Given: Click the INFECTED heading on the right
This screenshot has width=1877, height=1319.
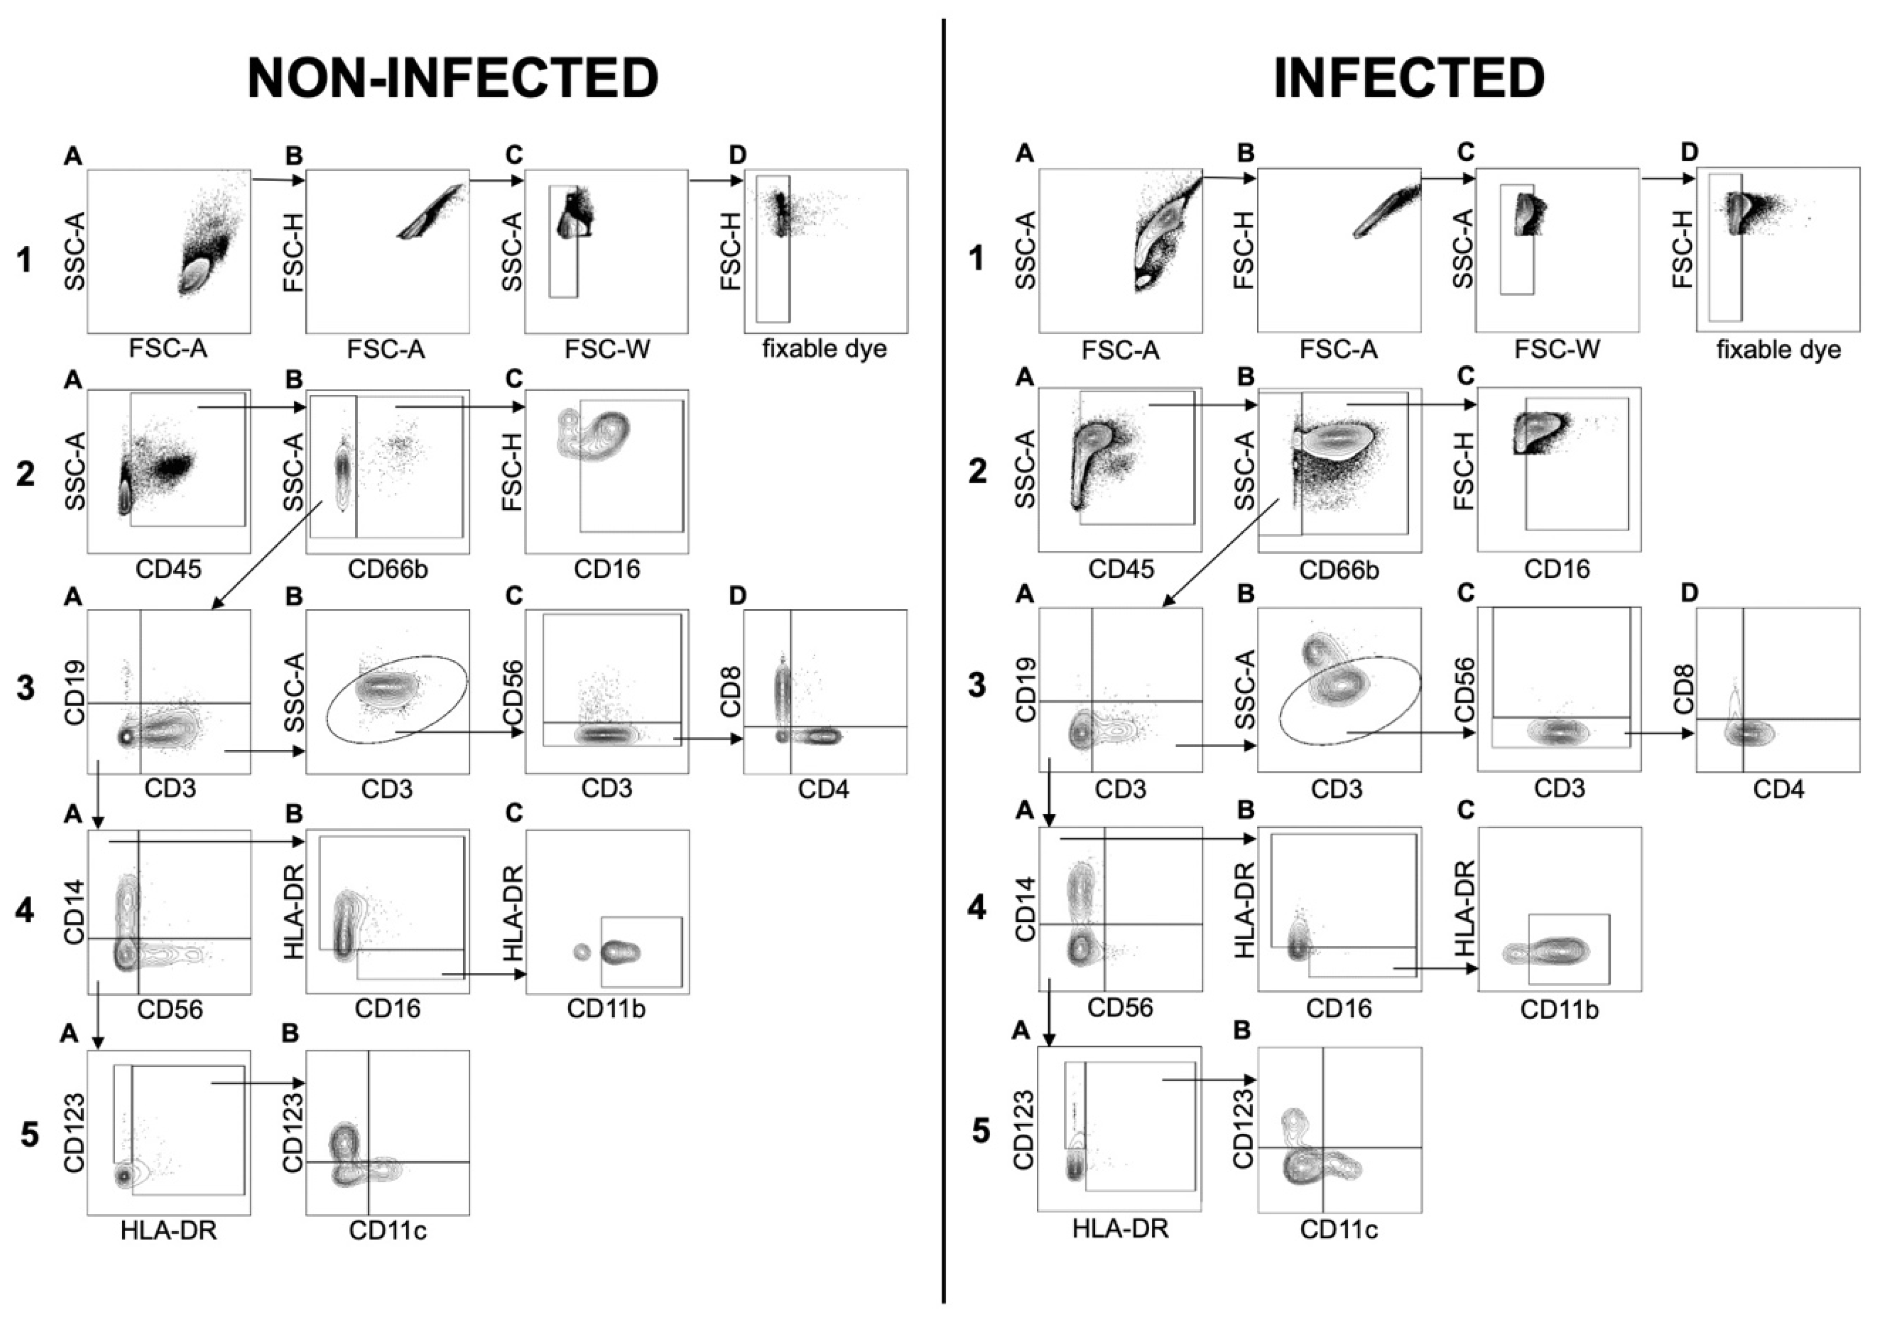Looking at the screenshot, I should click(x=1409, y=79).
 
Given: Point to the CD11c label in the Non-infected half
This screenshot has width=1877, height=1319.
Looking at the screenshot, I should click(x=388, y=1230).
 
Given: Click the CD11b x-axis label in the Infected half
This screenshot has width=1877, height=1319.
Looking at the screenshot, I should click(x=1559, y=1010).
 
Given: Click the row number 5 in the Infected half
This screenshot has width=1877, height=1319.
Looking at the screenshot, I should click(x=980, y=1131).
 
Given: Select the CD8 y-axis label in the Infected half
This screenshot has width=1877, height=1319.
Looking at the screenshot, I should click(x=1683, y=688).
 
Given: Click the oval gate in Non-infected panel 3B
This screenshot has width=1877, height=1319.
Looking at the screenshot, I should click(x=327, y=720).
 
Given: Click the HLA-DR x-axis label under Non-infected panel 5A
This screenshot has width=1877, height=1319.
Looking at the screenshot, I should click(x=169, y=1230).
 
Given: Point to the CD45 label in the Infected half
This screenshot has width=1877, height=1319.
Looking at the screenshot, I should click(x=1120, y=570).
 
